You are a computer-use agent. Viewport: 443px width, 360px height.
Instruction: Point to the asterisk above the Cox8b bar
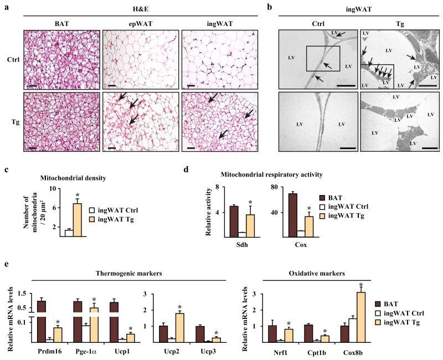(x=361, y=285)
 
